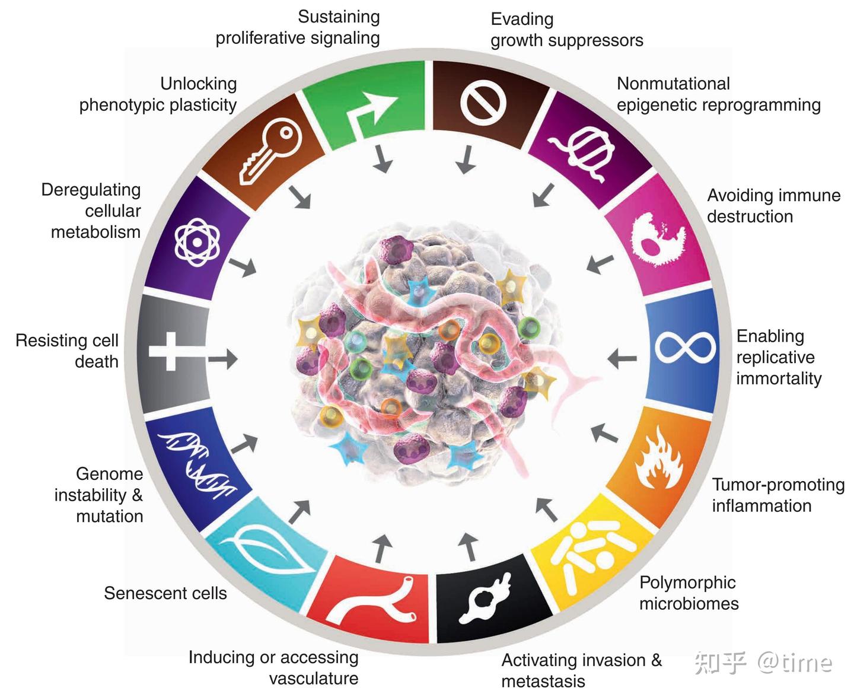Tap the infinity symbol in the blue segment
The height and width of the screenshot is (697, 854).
685,347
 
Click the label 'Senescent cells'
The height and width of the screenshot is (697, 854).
165,593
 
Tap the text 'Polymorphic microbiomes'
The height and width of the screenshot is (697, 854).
689,593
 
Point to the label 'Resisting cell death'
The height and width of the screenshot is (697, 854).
68,351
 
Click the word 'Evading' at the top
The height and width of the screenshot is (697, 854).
522,19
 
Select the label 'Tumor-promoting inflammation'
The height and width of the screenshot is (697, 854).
777,495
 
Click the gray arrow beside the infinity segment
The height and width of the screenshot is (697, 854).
623,358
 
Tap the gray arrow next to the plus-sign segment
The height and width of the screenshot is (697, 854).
223,358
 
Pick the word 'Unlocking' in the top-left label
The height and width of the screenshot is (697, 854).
198,84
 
